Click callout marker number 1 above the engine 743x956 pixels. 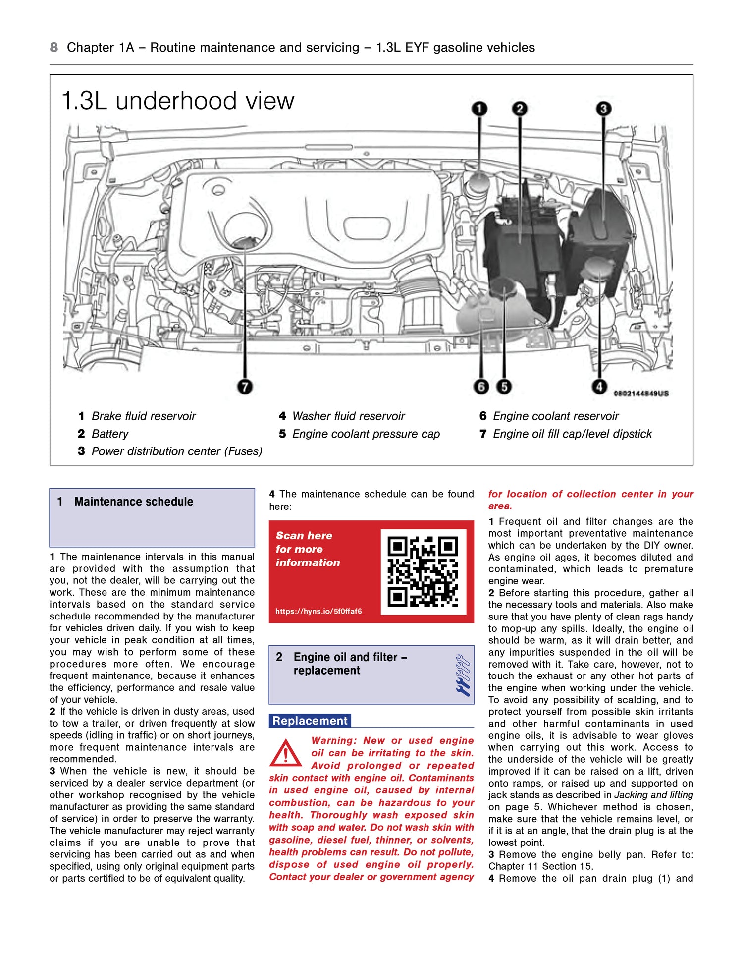[479, 109]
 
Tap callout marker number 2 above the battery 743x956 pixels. [519, 109]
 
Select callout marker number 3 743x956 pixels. [603, 109]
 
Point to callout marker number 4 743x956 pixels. [599, 386]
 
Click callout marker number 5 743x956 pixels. [504, 386]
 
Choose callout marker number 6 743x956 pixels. [481, 386]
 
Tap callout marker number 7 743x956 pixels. [245, 386]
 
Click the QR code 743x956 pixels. [423, 571]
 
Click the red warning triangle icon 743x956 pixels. [285, 753]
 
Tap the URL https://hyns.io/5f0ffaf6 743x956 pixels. [318, 611]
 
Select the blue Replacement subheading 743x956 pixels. [310, 721]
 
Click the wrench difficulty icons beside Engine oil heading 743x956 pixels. [462, 675]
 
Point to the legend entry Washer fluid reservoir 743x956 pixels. [348, 416]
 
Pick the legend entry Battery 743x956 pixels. [109, 434]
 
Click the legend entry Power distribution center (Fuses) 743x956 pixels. [176, 451]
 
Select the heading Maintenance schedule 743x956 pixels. [134, 502]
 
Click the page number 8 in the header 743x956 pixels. [53, 47]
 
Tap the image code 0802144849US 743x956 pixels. [640, 393]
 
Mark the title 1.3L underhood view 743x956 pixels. [177, 101]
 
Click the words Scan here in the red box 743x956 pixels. [304, 536]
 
